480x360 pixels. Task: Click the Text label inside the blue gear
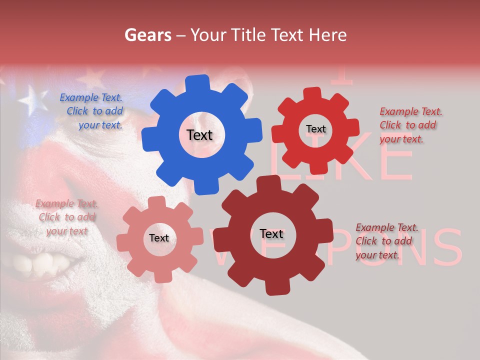coord(199,135)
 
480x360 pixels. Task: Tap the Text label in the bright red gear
coord(315,129)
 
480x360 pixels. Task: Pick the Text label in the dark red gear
coord(271,234)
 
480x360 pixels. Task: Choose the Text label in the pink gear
coord(158,238)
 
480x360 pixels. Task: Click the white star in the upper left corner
coord(31,98)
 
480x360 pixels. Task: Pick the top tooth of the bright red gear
coord(312,93)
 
